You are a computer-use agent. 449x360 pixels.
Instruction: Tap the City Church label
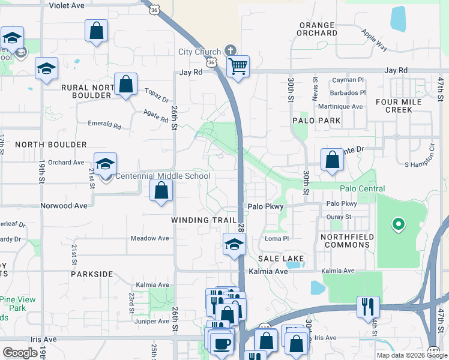[x=200, y=52]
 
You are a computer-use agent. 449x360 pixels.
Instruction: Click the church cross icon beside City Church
[x=229, y=50]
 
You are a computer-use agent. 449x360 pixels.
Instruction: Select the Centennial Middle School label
[x=162, y=176]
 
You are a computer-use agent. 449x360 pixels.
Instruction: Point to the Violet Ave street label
[x=67, y=5]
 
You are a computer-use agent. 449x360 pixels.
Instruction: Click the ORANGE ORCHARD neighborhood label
[x=316, y=29]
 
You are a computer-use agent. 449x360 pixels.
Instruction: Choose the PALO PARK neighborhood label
[x=316, y=121]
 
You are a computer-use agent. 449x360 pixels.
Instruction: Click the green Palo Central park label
[x=362, y=188]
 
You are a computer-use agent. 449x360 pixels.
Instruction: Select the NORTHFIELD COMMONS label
[x=347, y=241]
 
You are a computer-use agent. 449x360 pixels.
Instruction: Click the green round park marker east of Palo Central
[x=397, y=225]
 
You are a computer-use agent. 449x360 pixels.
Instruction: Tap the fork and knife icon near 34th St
[x=367, y=306]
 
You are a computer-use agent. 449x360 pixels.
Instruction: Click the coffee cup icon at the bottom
[x=223, y=343]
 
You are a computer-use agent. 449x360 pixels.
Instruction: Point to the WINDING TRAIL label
[x=204, y=220]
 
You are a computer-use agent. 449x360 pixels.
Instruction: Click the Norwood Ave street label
[x=64, y=205]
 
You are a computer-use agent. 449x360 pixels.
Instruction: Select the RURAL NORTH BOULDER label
[x=86, y=91]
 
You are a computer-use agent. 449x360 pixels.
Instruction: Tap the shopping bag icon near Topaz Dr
[x=126, y=84]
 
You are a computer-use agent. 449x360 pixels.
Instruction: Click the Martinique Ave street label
[x=341, y=107]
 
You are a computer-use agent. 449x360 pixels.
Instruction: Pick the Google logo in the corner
[x=20, y=353]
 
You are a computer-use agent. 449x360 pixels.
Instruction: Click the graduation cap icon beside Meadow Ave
[x=234, y=244]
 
